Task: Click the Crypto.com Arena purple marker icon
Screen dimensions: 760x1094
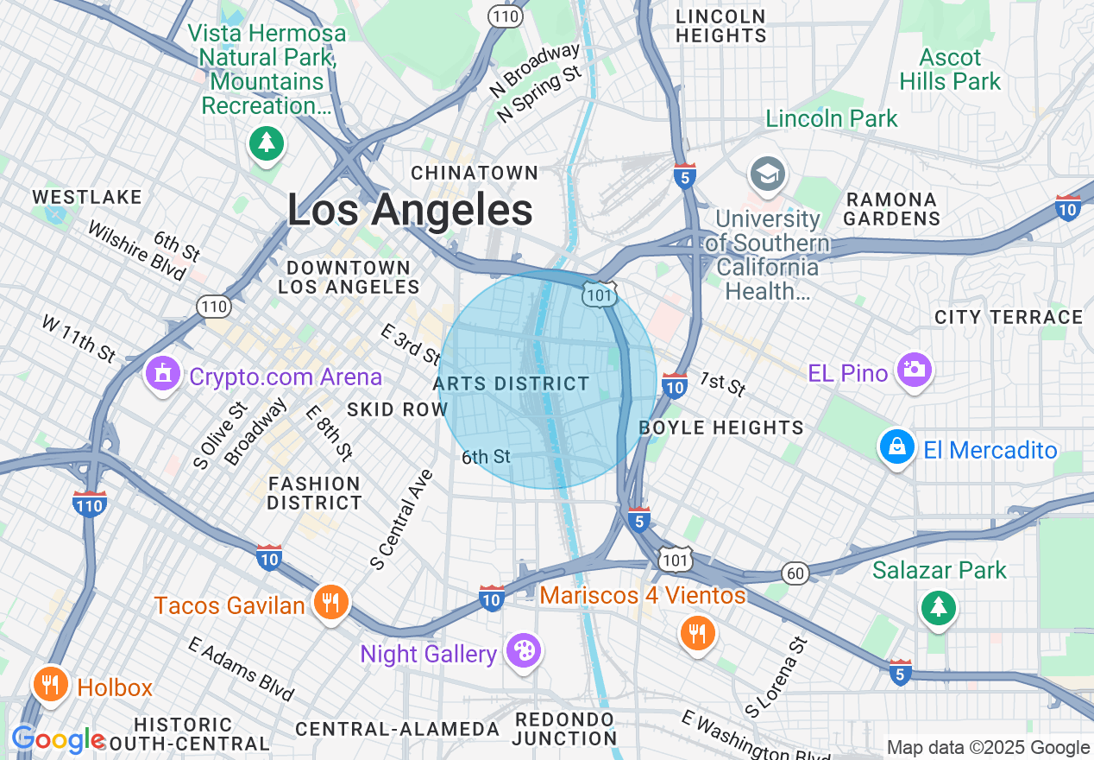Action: click(162, 375)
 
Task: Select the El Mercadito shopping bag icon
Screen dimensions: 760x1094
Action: click(897, 447)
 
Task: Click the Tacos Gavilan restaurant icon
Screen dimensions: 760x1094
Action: click(330, 601)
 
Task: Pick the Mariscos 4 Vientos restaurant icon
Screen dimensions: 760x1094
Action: click(697, 634)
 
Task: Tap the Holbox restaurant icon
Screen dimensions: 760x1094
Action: click(51, 684)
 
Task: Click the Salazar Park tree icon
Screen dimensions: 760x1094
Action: click(938, 607)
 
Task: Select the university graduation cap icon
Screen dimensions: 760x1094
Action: click(767, 174)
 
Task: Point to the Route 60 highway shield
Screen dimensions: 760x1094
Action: click(795, 573)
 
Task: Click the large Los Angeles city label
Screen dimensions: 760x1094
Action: click(410, 210)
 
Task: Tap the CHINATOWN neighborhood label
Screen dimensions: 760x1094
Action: click(475, 173)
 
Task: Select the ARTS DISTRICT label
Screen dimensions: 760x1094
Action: click(512, 383)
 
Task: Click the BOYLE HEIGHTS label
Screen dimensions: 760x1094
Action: click(721, 427)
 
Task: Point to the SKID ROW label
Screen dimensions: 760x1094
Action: click(397, 409)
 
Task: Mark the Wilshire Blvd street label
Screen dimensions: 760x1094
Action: click(136, 251)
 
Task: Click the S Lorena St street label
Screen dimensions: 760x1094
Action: click(776, 678)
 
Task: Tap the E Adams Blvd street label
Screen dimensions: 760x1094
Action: click(241, 669)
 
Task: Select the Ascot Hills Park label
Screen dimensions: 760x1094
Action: click(950, 70)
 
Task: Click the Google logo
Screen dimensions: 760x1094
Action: click(58, 739)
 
